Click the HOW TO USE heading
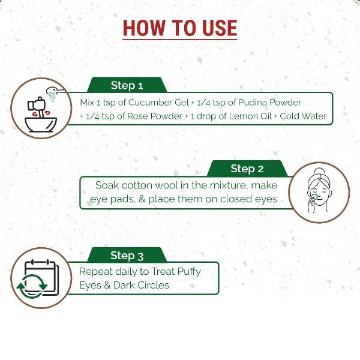(x=180, y=28)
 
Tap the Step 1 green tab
(x=127, y=85)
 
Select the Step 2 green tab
(x=247, y=169)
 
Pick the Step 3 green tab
(x=127, y=255)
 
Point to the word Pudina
(x=253, y=103)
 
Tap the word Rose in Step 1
(x=137, y=116)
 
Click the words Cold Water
(x=303, y=116)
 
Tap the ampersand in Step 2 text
(x=142, y=199)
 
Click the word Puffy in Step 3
(x=189, y=272)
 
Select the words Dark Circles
(x=141, y=285)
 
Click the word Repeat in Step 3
(x=96, y=272)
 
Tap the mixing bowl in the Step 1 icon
(x=41, y=125)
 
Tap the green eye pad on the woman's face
(x=314, y=196)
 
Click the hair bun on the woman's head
(x=319, y=171)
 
